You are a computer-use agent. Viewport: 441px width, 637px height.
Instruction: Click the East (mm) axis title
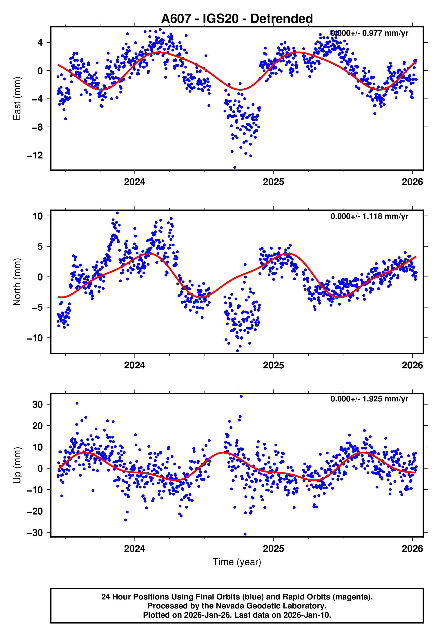(x=17, y=98)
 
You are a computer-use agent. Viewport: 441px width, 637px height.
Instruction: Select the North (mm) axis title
(x=17, y=282)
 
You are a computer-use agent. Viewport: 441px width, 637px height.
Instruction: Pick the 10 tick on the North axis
(x=38, y=216)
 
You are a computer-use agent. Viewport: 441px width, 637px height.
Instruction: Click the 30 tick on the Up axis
(x=38, y=404)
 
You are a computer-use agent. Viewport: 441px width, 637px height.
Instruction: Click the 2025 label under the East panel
(x=273, y=182)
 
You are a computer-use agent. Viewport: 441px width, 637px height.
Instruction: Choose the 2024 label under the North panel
(x=135, y=365)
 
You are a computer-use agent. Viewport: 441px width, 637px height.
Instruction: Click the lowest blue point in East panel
(x=235, y=167)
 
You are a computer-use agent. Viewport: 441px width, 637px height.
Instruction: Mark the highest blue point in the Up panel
(x=241, y=396)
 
